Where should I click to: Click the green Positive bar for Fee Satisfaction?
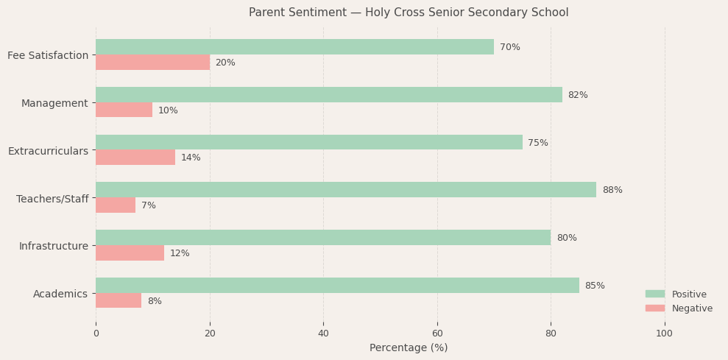[294, 47]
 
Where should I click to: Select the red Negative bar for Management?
[124, 110]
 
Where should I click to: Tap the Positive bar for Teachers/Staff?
[346, 190]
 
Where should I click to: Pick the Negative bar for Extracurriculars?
[135, 158]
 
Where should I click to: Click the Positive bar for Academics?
[337, 286]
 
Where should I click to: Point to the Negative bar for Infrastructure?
[130, 253]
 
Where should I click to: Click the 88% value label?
[612, 190]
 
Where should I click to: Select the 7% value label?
[149, 205]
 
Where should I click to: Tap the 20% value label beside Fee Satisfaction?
[225, 63]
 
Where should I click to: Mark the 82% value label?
[578, 95]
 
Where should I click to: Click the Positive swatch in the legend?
[655, 294]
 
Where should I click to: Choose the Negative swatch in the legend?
[655, 308]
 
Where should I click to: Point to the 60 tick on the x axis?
[437, 333]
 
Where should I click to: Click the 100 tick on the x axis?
[665, 333]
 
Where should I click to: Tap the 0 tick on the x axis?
[96, 333]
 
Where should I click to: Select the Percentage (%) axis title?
[409, 347]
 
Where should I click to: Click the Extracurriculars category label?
[48, 151]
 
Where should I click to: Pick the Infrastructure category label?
[54, 246]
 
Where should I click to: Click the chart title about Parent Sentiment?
[409, 13]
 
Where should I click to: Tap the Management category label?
[54, 103]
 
